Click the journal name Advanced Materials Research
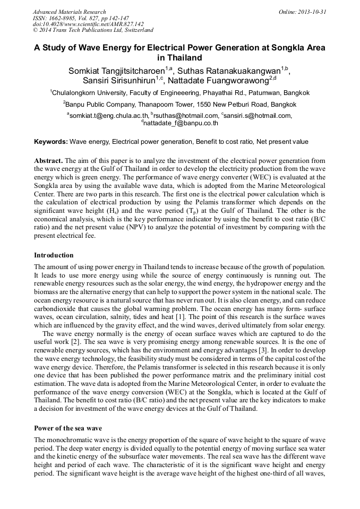(x=69, y=12)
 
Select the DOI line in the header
(x=88, y=24)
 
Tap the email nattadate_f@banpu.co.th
(x=181, y=123)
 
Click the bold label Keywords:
(x=51, y=142)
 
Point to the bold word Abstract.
(x=49, y=160)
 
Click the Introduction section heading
(x=54, y=255)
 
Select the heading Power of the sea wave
(x=68, y=428)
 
